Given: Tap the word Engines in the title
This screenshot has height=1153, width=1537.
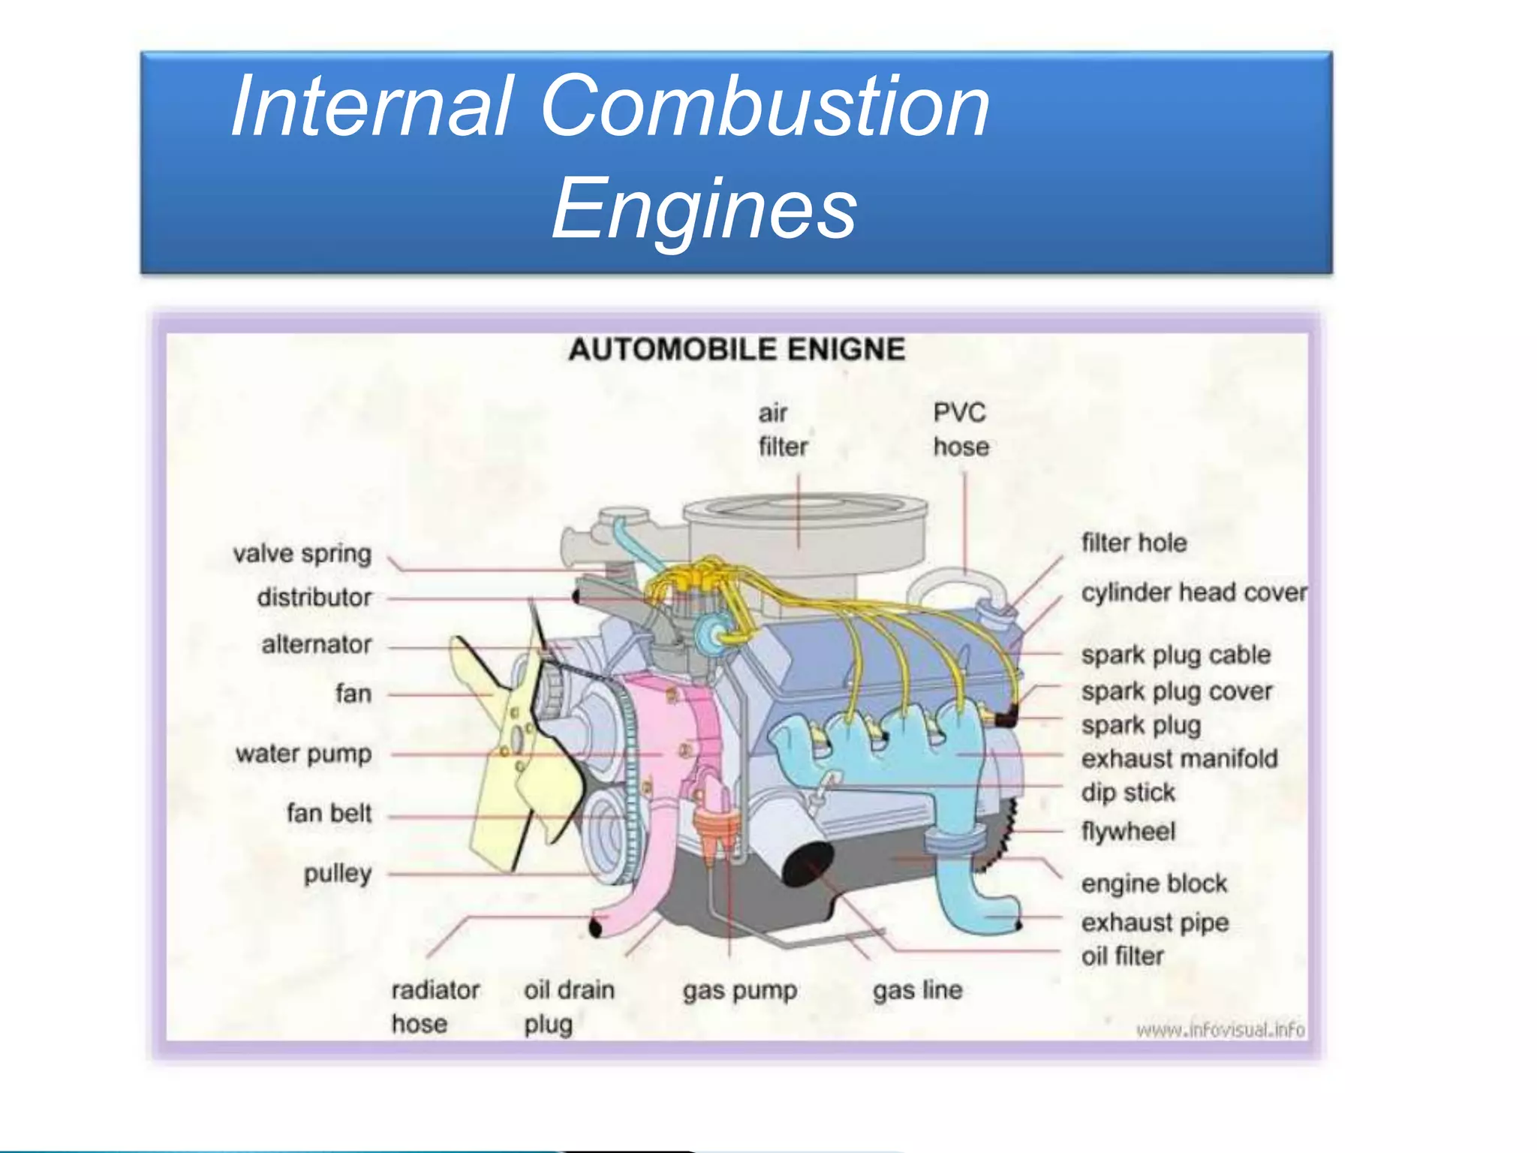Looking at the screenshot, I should click(704, 208).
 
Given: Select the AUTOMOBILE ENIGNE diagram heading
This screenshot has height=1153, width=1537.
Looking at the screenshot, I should click(736, 350).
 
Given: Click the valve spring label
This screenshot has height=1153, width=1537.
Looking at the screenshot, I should click(302, 554).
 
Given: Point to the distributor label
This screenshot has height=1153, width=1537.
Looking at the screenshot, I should click(314, 598).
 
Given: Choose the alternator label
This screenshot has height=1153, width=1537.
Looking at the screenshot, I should click(317, 644).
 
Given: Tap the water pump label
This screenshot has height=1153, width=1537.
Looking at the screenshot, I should click(303, 754).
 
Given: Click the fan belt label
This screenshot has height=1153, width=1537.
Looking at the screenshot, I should click(329, 813).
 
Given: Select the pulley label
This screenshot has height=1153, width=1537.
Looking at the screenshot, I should click(338, 874).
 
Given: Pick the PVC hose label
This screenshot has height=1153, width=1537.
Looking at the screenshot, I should click(961, 429).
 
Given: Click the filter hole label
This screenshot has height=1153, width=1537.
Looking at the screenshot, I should click(1134, 543).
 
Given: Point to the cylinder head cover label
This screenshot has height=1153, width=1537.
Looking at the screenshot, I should click(1193, 592).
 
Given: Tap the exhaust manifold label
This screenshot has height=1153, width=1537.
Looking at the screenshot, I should click(1179, 759).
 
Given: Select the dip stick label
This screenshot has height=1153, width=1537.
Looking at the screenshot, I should click(1128, 793).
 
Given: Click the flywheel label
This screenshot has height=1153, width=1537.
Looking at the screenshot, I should click(1128, 832).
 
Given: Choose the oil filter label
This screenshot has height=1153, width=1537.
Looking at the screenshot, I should click(1123, 956).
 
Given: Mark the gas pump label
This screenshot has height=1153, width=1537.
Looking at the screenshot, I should click(740, 991).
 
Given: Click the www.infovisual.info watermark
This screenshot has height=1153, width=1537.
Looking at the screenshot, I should click(1220, 1029).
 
